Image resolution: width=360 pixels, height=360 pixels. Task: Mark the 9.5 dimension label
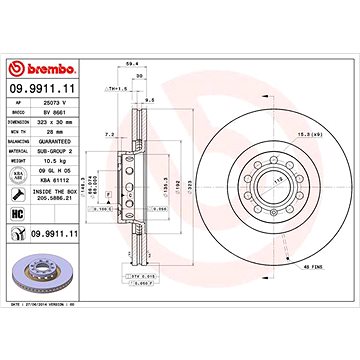pos(148,101)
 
